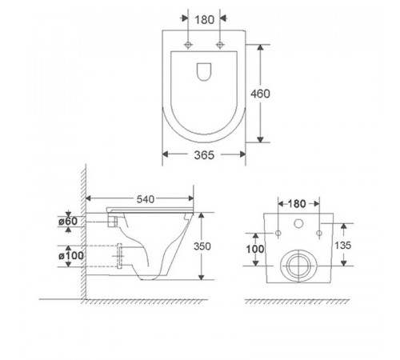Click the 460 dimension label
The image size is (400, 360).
pyautogui.click(x=260, y=94)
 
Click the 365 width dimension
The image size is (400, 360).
pyautogui.click(x=204, y=155)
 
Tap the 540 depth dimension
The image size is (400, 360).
pyautogui.click(x=146, y=199)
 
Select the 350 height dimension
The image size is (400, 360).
pyautogui.click(x=202, y=246)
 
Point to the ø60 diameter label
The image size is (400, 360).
pyautogui.click(x=68, y=221)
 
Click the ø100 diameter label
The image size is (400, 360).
pyautogui.click(x=71, y=256)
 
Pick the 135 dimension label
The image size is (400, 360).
pyautogui.click(x=343, y=246)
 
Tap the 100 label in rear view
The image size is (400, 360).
pyautogui.click(x=255, y=249)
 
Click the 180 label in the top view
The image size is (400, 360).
pyautogui.click(x=204, y=20)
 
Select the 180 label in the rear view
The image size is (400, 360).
pyautogui.click(x=297, y=204)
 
